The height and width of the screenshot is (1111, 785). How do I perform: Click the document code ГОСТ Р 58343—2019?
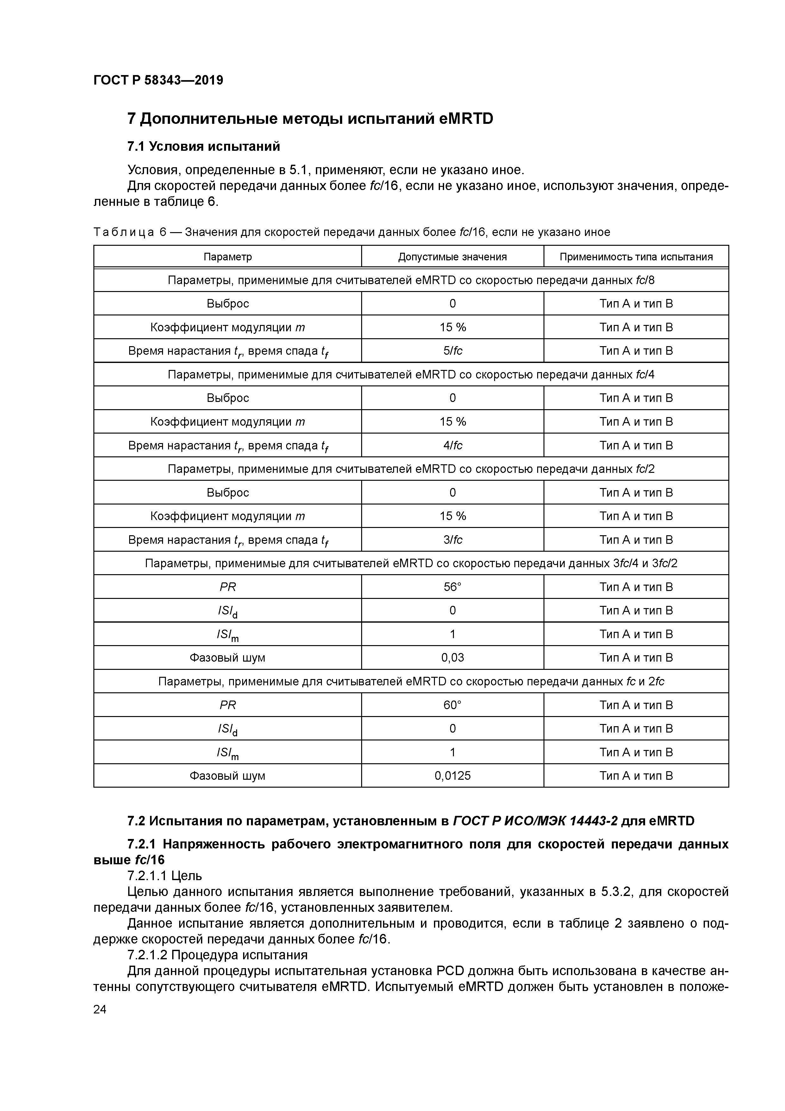[158, 80]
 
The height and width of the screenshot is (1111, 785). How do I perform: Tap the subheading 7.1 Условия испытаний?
[204, 146]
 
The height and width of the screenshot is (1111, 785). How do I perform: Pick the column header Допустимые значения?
[452, 257]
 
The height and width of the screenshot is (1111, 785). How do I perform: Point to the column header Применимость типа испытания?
[636, 257]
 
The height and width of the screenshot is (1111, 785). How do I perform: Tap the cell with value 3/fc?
[452, 540]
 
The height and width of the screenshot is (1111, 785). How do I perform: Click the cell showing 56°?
[452, 587]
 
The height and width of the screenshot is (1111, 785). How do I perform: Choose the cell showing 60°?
[452, 705]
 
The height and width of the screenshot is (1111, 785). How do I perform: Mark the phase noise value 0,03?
[452, 657]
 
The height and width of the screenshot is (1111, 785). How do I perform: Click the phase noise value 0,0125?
[452, 776]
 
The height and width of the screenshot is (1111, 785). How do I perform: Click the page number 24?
[100, 1009]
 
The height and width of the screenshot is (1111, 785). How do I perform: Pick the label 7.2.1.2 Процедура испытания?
[217, 955]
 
